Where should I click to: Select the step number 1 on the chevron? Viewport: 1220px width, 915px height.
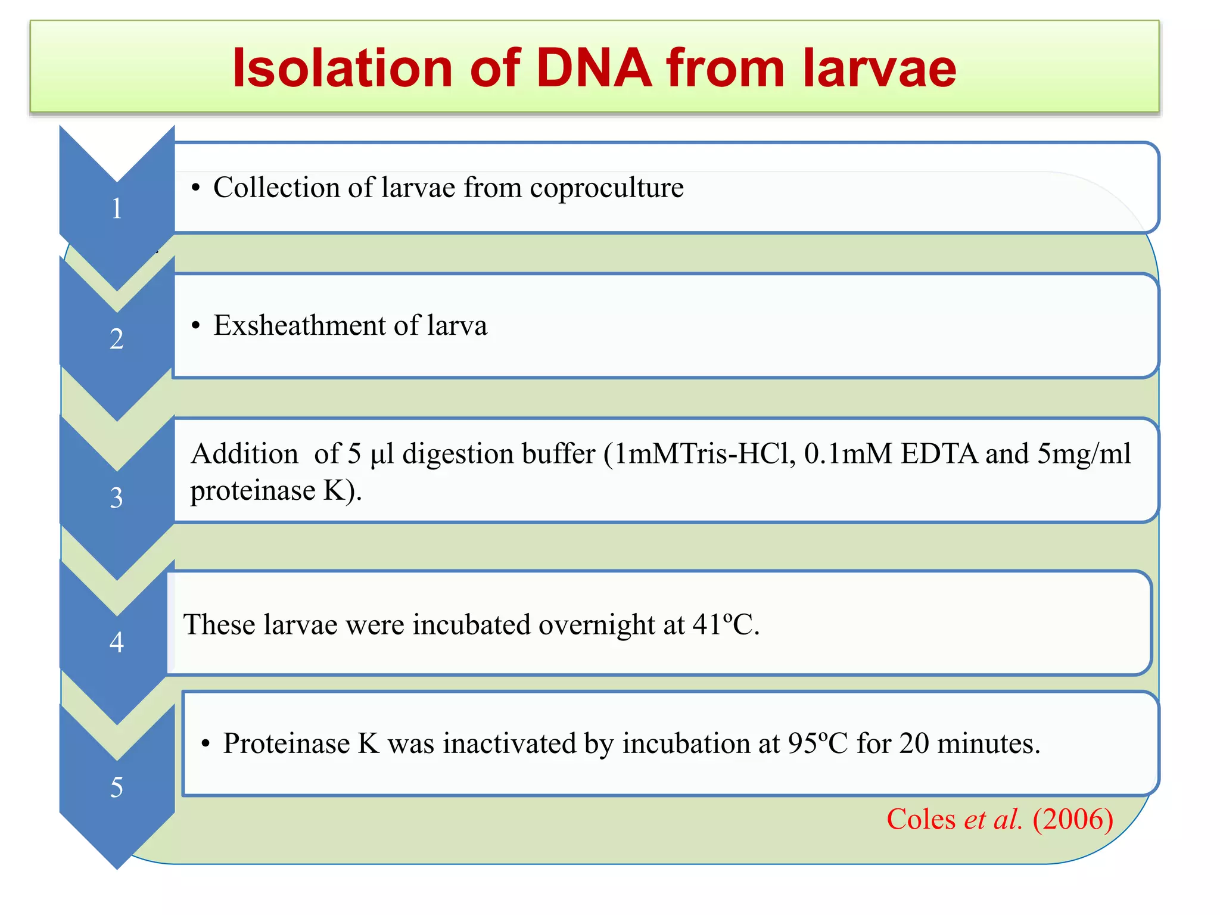pyautogui.click(x=117, y=208)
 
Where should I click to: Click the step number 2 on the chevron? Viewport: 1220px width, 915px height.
pyautogui.click(x=117, y=339)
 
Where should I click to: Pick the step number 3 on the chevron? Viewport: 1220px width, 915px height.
pyautogui.click(x=117, y=497)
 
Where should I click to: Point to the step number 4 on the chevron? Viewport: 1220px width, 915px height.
pyautogui.click(x=117, y=642)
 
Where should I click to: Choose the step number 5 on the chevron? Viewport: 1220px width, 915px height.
pyautogui.click(x=117, y=787)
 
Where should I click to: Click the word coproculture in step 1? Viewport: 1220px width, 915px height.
pyautogui.click(x=606, y=188)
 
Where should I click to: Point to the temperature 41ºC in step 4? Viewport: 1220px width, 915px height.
pyautogui.click(x=725, y=625)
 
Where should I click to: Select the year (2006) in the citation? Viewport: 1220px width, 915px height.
pyautogui.click(x=1072, y=819)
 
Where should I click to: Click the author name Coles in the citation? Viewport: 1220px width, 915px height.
pyautogui.click(x=921, y=819)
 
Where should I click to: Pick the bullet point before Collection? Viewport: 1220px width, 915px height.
pyautogui.click(x=195, y=188)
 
